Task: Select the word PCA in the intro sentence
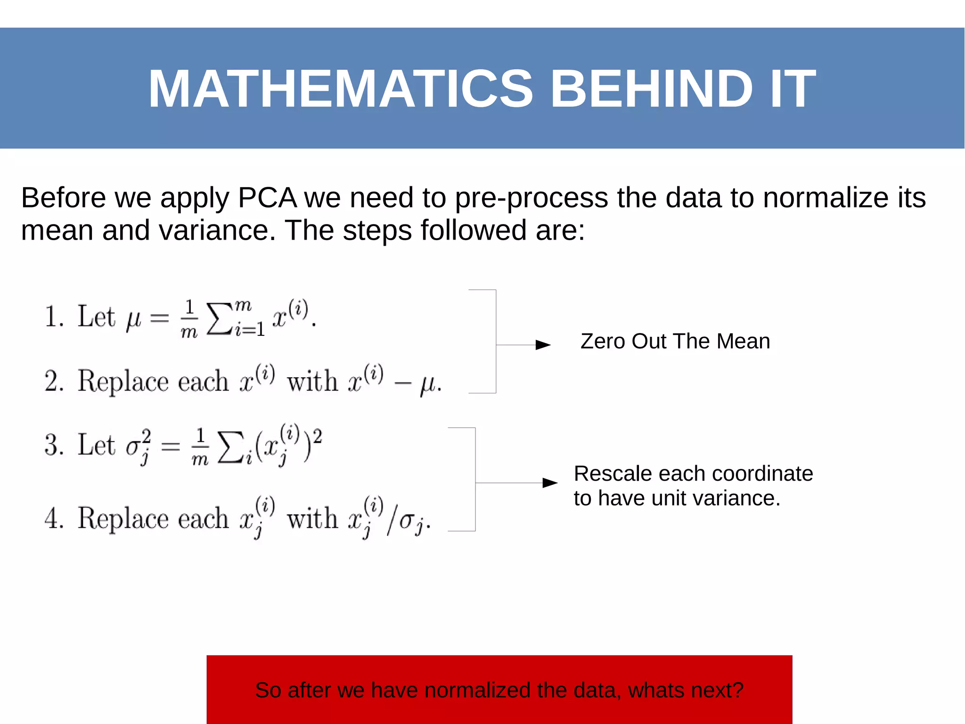coord(267,198)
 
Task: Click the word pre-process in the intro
coord(531,198)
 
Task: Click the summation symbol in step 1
coord(220,319)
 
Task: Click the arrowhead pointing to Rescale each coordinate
coord(550,483)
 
